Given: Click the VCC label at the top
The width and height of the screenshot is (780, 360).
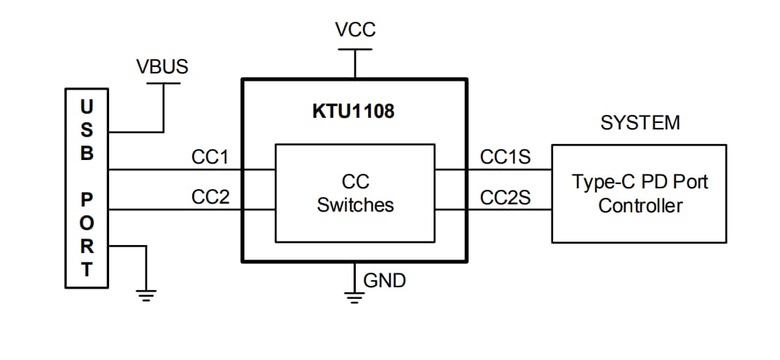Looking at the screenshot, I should click(x=355, y=30).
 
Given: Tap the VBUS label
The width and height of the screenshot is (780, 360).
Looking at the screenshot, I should click(x=162, y=67).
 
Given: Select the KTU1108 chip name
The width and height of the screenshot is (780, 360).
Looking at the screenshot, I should click(x=353, y=112).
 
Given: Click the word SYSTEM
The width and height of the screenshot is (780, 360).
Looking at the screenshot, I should click(x=640, y=123).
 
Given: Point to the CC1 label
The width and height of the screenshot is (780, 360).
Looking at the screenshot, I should click(x=210, y=157).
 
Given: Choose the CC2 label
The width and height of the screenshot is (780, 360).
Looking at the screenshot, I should click(x=210, y=197).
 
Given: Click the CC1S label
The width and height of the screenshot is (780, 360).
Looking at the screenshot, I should click(x=505, y=157).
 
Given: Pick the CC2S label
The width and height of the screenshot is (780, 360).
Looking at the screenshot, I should click(x=505, y=197).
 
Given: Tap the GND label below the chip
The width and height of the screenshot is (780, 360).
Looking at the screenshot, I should click(x=384, y=280).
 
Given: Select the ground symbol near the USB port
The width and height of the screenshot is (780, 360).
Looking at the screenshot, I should click(x=146, y=295).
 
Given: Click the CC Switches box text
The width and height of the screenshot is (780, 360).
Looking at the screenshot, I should click(x=355, y=193).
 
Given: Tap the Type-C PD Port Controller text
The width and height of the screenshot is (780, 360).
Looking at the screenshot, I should click(x=640, y=193).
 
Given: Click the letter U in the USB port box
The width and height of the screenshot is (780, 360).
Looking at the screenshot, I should click(x=87, y=107).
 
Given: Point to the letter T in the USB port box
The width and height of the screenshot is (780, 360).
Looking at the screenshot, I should click(x=87, y=270).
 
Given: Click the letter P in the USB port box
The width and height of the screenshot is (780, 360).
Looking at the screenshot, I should click(x=87, y=199).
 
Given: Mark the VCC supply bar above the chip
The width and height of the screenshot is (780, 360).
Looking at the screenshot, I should click(x=354, y=49).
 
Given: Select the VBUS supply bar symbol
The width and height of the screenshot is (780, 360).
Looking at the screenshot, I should click(x=163, y=84).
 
